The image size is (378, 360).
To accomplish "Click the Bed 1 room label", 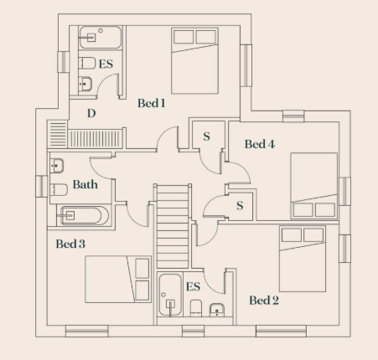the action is pos(151,103).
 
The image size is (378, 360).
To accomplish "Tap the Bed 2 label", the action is pos(264,301).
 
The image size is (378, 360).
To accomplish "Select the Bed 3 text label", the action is pos(70,244).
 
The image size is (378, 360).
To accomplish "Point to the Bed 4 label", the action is pos(260,144).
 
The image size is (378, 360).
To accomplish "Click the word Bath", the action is pos(85,184).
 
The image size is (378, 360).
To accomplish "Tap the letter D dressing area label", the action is pos(91,113).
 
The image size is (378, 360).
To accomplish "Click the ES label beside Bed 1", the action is pos(106,64).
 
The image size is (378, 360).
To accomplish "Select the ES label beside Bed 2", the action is pos(193,286).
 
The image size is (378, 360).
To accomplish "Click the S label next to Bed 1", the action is pos(206,136).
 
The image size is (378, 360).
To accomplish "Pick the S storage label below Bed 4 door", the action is pos(240,206).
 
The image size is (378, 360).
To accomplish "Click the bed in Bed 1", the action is pos(194,60).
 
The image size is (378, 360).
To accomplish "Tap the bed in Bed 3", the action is pos(118,279).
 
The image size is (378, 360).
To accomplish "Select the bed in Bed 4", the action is pos(314,186).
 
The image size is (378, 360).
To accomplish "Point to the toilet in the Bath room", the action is pos(59,190).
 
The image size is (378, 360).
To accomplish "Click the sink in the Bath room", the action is pos(57,166).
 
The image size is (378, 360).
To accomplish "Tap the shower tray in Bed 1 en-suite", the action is pos(101,38).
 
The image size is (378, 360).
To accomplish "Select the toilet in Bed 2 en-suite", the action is pos(196,308).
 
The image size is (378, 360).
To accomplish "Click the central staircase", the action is pos(173,226).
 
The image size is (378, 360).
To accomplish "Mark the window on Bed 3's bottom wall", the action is pos(87,331).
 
